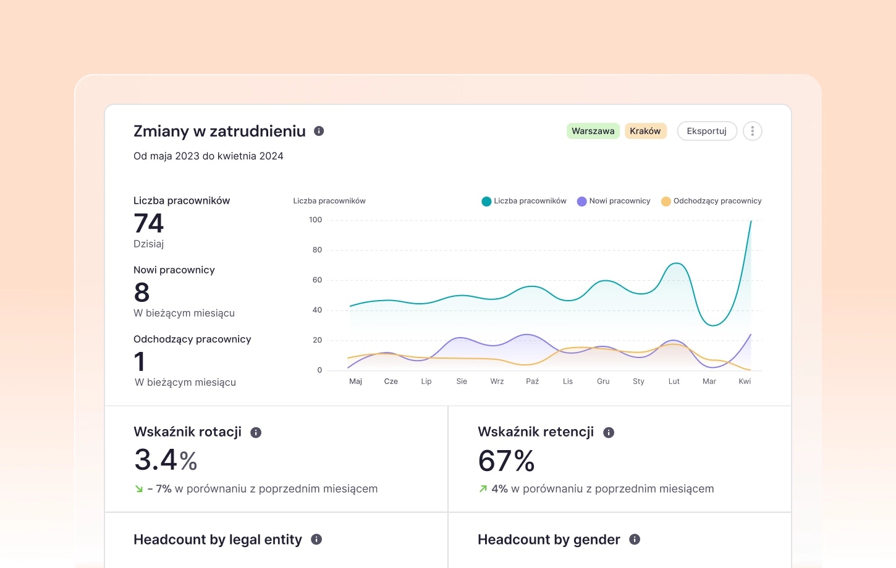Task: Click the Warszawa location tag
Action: (x=593, y=131)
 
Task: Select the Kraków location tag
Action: (x=645, y=131)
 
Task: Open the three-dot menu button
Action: (x=753, y=131)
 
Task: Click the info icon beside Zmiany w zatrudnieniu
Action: (x=319, y=131)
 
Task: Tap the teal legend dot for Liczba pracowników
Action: (x=486, y=201)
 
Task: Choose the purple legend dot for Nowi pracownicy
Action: (x=581, y=201)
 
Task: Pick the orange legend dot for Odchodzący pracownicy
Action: (x=666, y=201)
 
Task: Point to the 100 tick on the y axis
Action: (x=315, y=219)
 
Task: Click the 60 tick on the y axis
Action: (x=317, y=280)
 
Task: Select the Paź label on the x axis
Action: (x=533, y=382)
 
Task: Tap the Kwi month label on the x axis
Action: (x=745, y=382)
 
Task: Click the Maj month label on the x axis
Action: (x=355, y=382)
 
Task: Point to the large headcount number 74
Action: (x=148, y=223)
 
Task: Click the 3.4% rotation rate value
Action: (x=166, y=460)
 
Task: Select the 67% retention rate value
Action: (x=506, y=461)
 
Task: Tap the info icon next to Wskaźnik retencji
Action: (x=609, y=433)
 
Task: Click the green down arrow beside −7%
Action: (x=139, y=489)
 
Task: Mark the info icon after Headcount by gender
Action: (x=635, y=540)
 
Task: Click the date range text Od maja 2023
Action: (x=166, y=156)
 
